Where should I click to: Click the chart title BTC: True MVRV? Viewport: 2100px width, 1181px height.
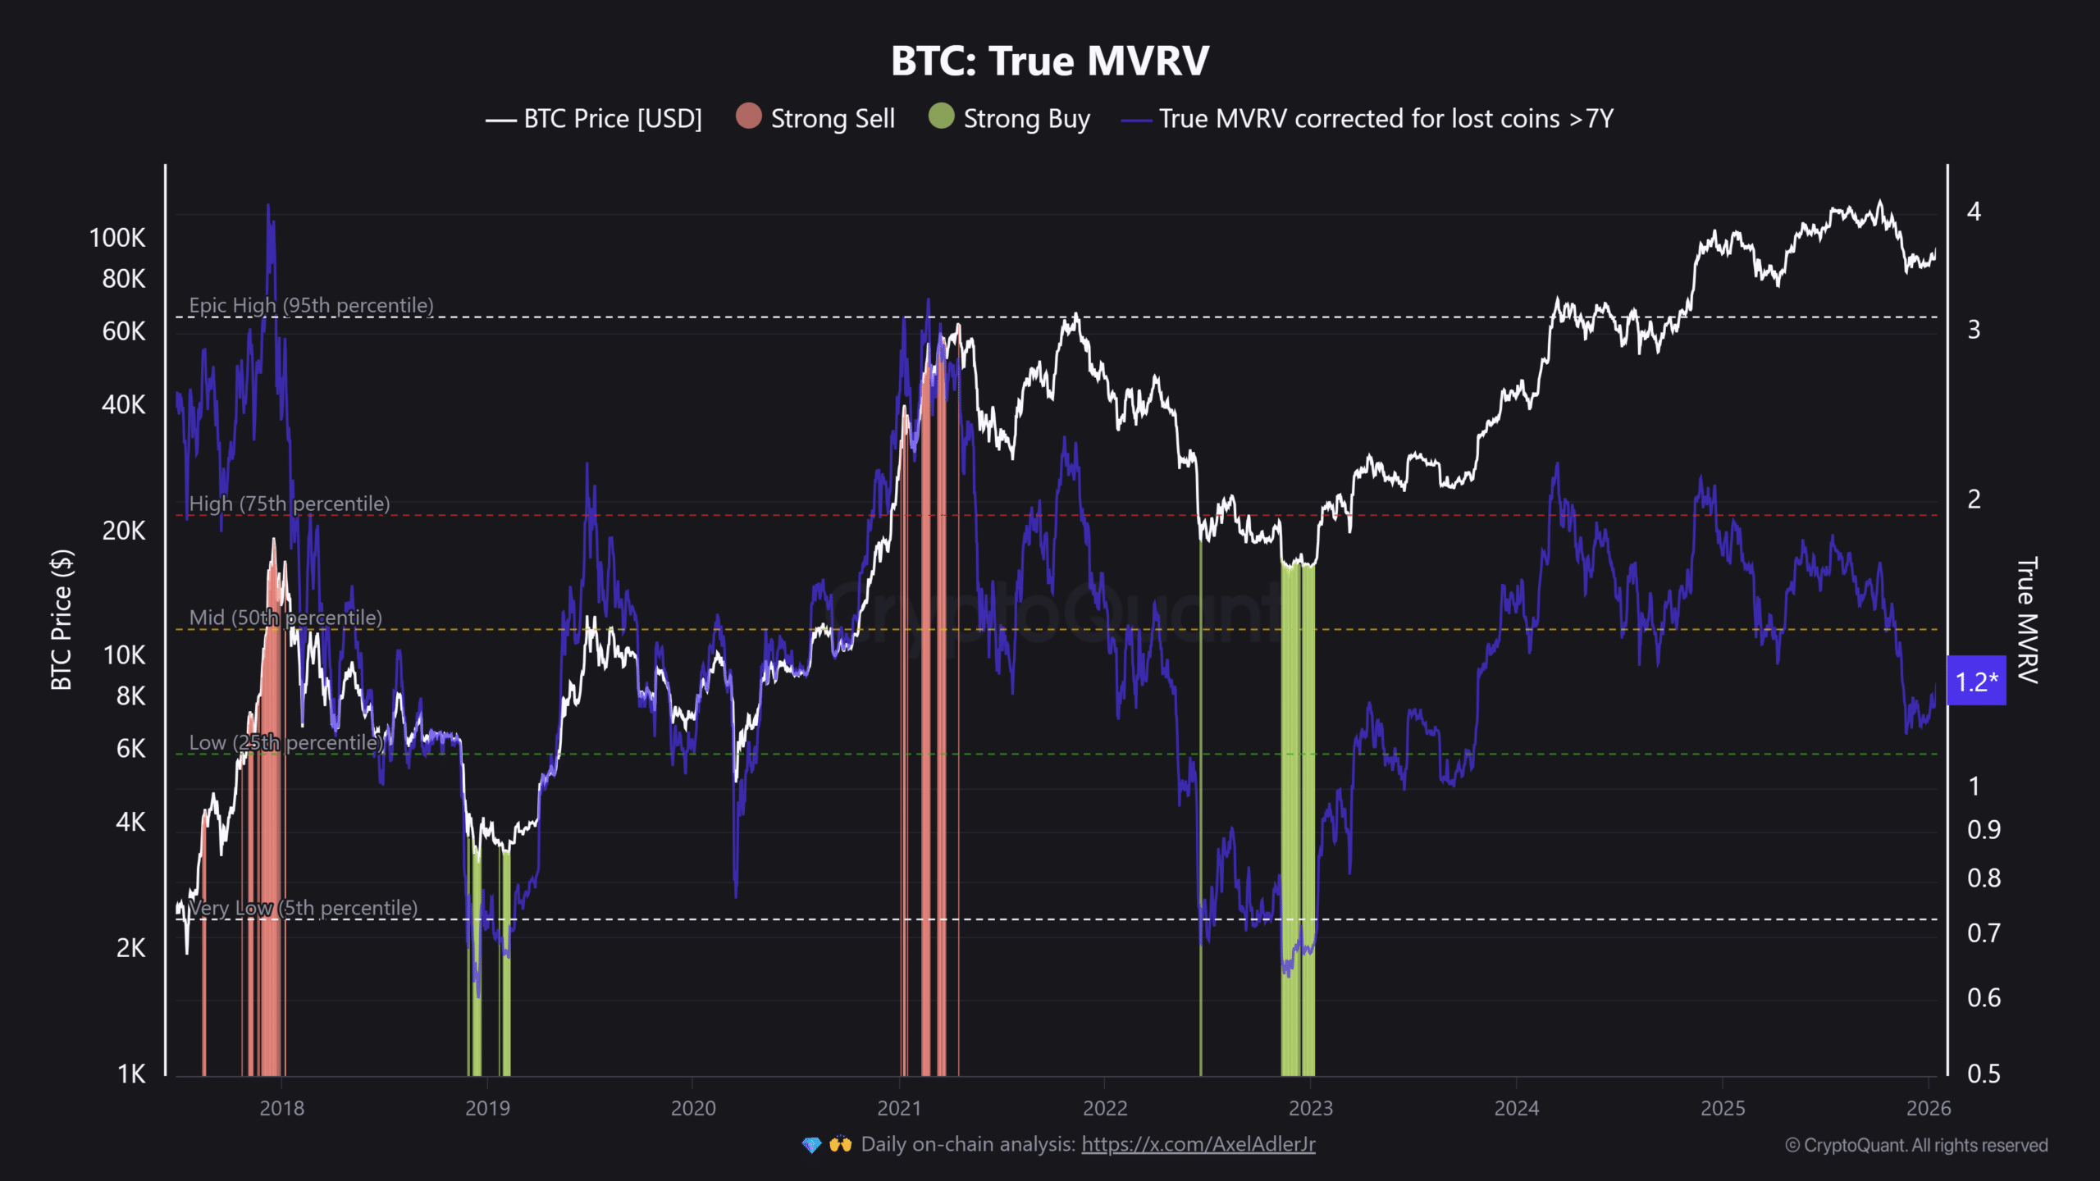tap(1050, 61)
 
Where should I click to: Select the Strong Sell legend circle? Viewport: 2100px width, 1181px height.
tap(748, 116)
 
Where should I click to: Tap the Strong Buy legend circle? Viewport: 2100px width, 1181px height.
tap(941, 116)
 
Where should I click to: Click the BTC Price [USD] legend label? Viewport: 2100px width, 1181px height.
tap(612, 119)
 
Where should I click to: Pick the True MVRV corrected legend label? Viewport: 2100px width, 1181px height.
tap(1386, 119)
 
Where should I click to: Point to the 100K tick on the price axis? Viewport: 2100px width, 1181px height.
tap(117, 238)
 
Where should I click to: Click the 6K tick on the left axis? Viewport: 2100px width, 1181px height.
tap(130, 748)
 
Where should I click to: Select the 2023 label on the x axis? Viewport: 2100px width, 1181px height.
tap(1310, 1108)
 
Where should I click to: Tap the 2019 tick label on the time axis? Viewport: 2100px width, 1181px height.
tap(487, 1108)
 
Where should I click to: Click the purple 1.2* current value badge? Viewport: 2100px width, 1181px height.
tap(1976, 681)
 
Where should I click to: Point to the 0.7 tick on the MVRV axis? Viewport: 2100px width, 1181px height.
tap(1984, 933)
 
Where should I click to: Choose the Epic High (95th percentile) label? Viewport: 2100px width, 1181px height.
tap(311, 305)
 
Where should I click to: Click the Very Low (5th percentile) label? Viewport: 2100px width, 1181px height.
tap(303, 908)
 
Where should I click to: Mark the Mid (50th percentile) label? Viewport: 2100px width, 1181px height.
tap(285, 618)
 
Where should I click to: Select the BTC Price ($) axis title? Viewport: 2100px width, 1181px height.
tap(62, 619)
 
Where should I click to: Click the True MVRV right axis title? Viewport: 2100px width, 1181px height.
tap(2027, 619)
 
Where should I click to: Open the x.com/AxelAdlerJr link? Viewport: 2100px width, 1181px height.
tap(1198, 1144)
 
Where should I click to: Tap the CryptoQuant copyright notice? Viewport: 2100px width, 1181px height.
tap(1916, 1145)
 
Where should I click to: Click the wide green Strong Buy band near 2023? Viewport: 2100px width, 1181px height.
tap(1297, 820)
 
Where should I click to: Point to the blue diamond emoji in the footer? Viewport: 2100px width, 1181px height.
tap(811, 1145)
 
